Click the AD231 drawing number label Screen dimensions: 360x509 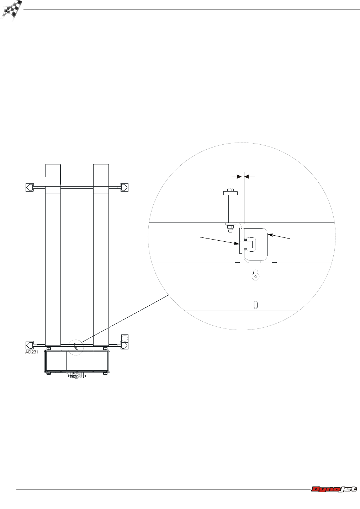pyautogui.click(x=32, y=352)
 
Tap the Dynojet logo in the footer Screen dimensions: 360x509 pyautogui.click(x=334, y=489)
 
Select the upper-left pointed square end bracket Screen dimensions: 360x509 pyautogui.click(x=30, y=187)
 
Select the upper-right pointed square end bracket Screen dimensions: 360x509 pyautogui.click(x=124, y=187)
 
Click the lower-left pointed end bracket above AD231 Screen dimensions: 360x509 pyautogui.click(x=30, y=345)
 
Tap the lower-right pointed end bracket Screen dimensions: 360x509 pyautogui.click(x=124, y=345)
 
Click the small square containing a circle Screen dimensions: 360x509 pyautogui.click(x=125, y=338)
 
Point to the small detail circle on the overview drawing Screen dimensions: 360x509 pyautogui.click(x=76, y=347)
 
